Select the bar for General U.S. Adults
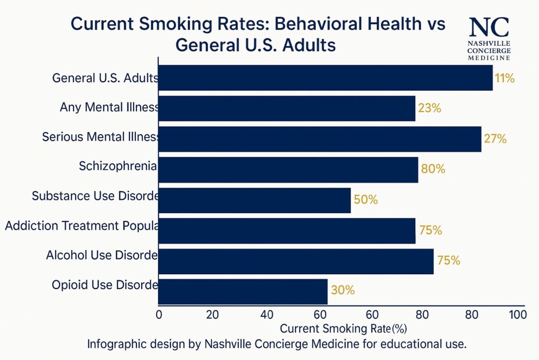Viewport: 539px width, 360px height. click(x=325, y=78)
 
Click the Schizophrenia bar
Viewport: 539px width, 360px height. click(x=288, y=169)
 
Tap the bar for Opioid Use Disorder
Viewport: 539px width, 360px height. click(x=243, y=291)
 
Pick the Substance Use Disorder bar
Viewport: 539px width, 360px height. click(x=254, y=200)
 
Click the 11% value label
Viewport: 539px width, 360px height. click(x=504, y=79)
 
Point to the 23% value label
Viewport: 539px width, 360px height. click(x=430, y=109)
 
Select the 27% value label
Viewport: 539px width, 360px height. click(x=495, y=139)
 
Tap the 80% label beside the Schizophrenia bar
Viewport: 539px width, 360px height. click(x=433, y=169)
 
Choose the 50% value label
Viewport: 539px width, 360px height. click(x=366, y=200)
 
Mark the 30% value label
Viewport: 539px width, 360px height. click(x=343, y=290)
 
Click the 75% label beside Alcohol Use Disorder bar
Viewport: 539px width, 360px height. click(x=448, y=261)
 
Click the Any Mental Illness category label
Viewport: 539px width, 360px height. click(x=109, y=108)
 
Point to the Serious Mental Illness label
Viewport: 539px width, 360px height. click(x=101, y=138)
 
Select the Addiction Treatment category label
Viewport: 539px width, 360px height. click(x=82, y=226)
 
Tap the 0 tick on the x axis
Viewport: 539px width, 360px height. click(x=159, y=315)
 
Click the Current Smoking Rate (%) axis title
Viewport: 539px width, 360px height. click(x=344, y=329)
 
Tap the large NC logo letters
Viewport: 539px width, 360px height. click(x=489, y=27)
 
